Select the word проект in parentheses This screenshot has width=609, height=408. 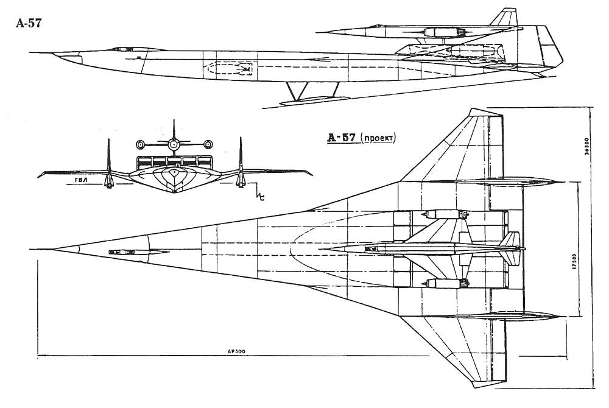[x=378, y=138]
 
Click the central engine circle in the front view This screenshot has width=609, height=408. [x=174, y=144]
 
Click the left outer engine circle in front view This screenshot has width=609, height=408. [x=141, y=145]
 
